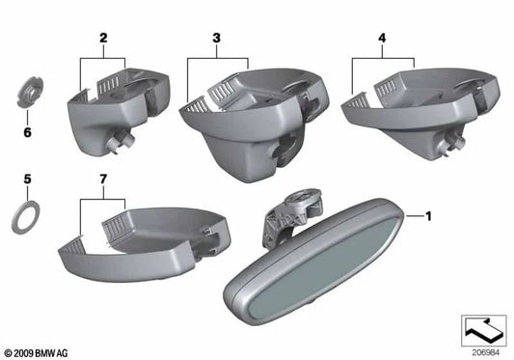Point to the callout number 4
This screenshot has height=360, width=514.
tap(383, 40)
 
